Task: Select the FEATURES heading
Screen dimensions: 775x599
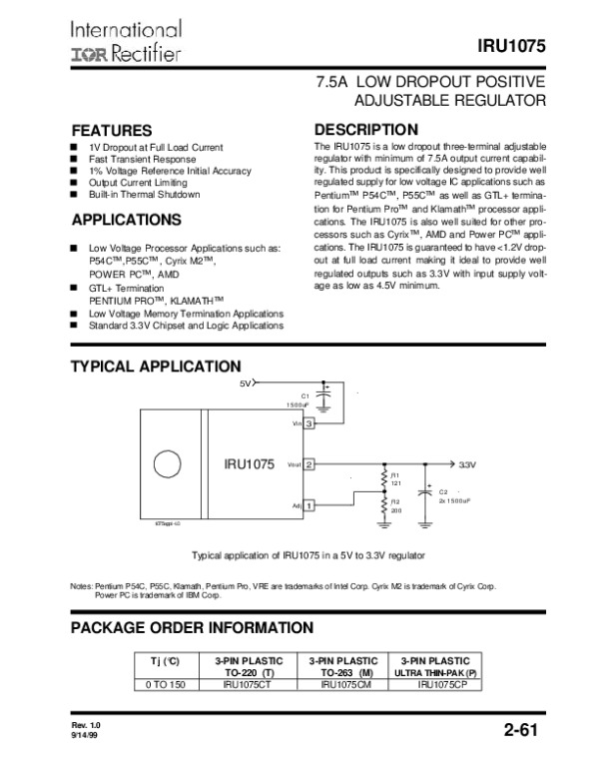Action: pos(111,131)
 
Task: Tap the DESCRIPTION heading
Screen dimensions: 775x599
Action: pos(365,130)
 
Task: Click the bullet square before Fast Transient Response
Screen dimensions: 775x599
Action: pos(73,159)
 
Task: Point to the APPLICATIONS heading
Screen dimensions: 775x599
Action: pos(126,220)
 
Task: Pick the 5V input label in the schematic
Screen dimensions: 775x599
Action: pos(246,383)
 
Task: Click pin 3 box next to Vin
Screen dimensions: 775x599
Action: pos(309,423)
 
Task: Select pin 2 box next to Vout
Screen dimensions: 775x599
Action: pos(309,464)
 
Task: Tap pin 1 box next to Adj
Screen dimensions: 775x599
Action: pos(309,505)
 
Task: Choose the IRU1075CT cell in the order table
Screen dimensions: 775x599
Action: pos(249,684)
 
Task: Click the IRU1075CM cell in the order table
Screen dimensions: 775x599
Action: pos(339,684)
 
